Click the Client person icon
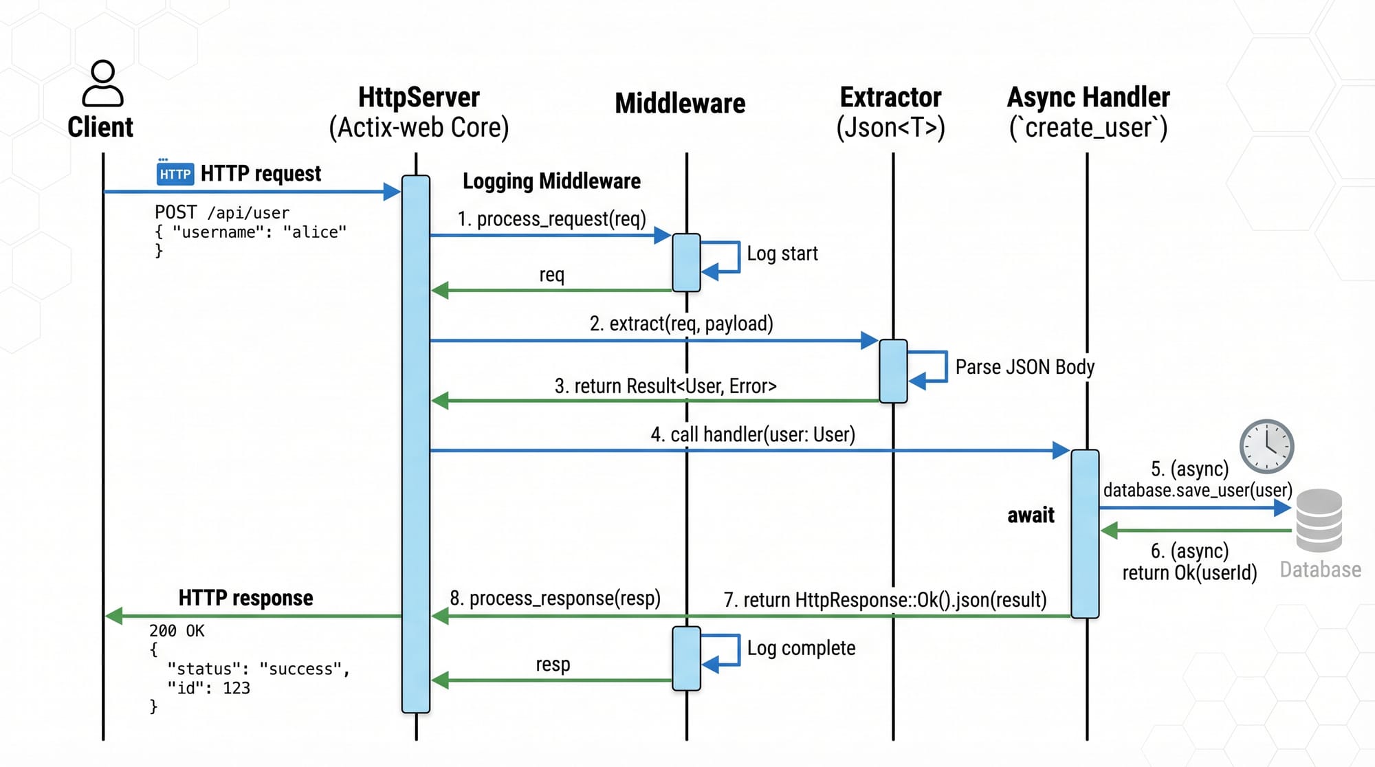click(102, 83)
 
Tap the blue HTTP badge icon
click(175, 174)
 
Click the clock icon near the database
click(1266, 446)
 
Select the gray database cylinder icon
click(1319, 520)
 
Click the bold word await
click(1030, 515)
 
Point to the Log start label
click(782, 254)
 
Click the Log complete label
click(801, 648)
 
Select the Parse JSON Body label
click(1024, 367)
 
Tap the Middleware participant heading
click(680, 103)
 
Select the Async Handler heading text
click(1088, 98)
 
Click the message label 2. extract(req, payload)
click(681, 323)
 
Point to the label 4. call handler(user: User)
click(752, 434)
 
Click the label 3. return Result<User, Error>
click(665, 386)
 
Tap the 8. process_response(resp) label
click(555, 598)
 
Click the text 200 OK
click(177, 630)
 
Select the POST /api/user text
click(221, 212)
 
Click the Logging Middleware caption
click(551, 181)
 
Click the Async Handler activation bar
click(1084, 534)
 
